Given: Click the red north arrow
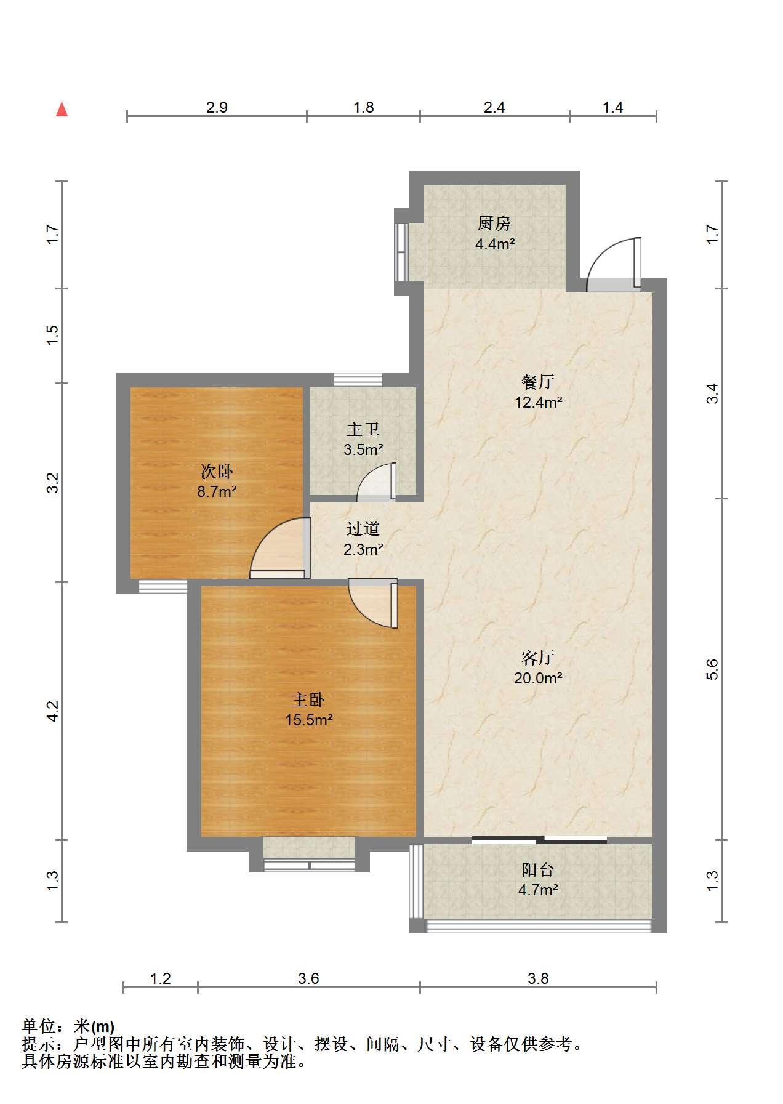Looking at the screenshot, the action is [62, 109].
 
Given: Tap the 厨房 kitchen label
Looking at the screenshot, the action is [494, 223].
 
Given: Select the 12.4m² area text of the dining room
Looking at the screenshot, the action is [539, 403].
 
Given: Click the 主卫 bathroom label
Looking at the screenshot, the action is [363, 429].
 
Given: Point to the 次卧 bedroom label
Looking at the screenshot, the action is [217, 472].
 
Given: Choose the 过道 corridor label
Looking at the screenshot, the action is [363, 528].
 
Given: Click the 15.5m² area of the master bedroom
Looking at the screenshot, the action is [309, 719].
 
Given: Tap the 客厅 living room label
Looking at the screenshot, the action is [538, 658].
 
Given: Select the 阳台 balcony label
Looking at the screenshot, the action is [538, 869].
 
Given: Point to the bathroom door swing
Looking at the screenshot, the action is [377, 481].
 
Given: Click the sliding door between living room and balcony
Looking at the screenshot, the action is [539, 840].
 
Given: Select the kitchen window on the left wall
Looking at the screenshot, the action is [401, 252].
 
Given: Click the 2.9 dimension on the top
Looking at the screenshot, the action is [217, 108].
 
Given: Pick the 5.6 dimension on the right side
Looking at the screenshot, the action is [712, 669].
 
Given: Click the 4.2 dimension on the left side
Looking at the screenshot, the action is [53, 711].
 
